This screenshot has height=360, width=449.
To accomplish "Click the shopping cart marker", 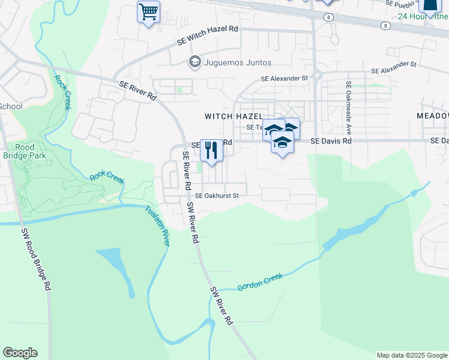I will [148, 12].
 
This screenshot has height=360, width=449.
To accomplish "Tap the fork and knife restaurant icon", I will [211, 150].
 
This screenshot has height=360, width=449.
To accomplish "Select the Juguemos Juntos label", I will [238, 62].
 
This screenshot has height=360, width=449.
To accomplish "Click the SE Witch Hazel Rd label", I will [208, 35].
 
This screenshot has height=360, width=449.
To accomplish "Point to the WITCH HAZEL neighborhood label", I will [234, 116].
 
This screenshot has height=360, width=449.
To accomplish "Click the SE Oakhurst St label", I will [217, 196].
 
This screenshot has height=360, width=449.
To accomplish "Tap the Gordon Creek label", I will [260, 282].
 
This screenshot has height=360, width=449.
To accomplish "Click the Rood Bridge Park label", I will [25, 151].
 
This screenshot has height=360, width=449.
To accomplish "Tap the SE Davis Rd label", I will [331, 141].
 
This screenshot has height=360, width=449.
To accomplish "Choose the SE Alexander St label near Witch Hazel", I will [284, 78].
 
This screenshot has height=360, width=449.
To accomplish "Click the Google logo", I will [20, 353].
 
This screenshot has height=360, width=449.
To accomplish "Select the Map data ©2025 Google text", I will [412, 355].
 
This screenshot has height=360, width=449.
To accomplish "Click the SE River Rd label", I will [137, 91].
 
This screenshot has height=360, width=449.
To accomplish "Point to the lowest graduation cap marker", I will [282, 143].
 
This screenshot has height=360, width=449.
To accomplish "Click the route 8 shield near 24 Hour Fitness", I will [384, 25].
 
